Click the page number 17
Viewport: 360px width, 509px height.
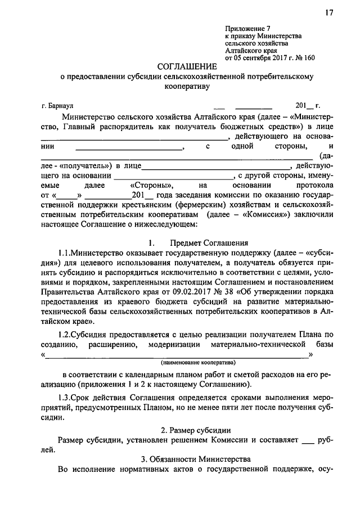pos(329,13)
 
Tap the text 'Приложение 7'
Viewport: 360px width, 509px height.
pos(245,28)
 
